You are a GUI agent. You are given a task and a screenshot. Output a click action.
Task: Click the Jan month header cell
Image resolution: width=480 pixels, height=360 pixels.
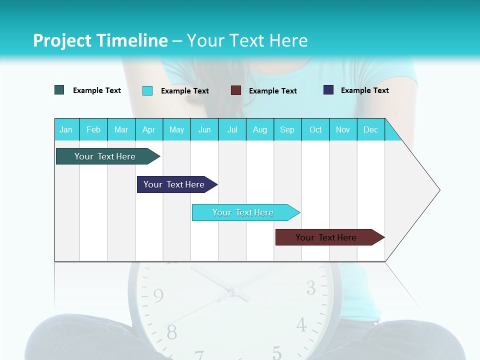pos(66,129)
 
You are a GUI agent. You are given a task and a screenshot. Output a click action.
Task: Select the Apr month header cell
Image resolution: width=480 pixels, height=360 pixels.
pos(149,129)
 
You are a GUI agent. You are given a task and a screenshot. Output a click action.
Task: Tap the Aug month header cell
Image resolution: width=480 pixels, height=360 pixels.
pos(260,129)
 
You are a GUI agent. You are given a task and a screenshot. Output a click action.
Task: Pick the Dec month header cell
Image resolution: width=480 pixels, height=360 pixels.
pos(371,129)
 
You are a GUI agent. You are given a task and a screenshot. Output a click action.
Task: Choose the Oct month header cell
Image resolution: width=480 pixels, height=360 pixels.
pos(315,129)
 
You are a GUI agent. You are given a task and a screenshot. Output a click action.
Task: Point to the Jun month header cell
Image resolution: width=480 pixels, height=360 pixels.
pos(204,129)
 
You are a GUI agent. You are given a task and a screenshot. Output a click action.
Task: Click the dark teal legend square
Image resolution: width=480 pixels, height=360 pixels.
pos(59,90)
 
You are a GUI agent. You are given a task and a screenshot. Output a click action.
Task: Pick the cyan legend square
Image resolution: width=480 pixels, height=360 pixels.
pos(147,90)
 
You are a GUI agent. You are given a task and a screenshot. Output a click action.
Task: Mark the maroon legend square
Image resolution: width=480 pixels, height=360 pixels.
pos(236,90)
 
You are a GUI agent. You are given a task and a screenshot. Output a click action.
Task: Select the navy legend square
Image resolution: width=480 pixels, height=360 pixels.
pos(328,90)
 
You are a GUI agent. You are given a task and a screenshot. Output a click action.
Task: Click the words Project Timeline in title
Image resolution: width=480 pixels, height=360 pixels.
pos(100,40)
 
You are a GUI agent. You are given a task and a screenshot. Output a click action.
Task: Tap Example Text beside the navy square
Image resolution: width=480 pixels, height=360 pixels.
pos(364,90)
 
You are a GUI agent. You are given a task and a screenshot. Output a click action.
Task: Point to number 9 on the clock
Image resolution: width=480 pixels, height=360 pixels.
pos(158,296)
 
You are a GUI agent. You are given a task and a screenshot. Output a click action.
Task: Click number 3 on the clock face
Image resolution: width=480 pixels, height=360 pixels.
pos(311,288)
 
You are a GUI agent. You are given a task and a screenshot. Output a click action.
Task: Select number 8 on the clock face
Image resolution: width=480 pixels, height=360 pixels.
pos(171,332)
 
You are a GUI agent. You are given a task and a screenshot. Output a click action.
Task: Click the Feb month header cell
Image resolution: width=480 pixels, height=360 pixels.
pos(93,129)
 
